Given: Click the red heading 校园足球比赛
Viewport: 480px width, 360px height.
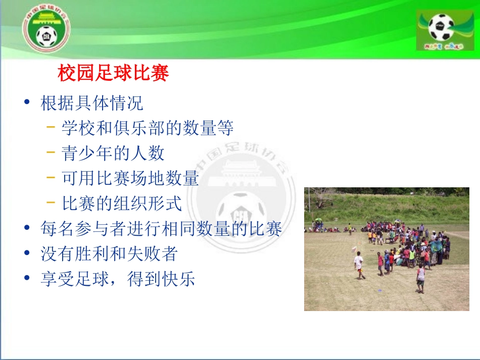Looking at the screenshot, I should point(113,74).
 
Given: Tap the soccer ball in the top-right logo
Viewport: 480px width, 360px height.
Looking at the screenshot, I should point(441,27).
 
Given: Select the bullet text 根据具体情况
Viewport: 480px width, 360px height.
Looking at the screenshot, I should point(92,103).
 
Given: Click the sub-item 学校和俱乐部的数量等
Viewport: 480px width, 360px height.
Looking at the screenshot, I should point(148,128).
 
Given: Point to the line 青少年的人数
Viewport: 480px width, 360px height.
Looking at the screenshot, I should point(113,153).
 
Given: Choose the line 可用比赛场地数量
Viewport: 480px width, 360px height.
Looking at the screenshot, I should point(130,178).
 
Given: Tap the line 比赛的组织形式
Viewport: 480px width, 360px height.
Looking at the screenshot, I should point(122,203).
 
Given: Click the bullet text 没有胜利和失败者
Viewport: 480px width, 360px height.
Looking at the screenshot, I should point(109,253).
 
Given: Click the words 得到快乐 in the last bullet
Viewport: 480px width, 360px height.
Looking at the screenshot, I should point(161,279).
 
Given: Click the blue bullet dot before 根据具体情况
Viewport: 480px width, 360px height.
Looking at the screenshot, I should point(27,103).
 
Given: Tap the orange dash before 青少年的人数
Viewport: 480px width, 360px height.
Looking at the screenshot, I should point(51,153).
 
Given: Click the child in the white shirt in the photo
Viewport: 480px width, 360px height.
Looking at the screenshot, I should point(359,264).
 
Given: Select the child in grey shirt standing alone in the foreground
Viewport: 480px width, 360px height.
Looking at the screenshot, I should point(420,278).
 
